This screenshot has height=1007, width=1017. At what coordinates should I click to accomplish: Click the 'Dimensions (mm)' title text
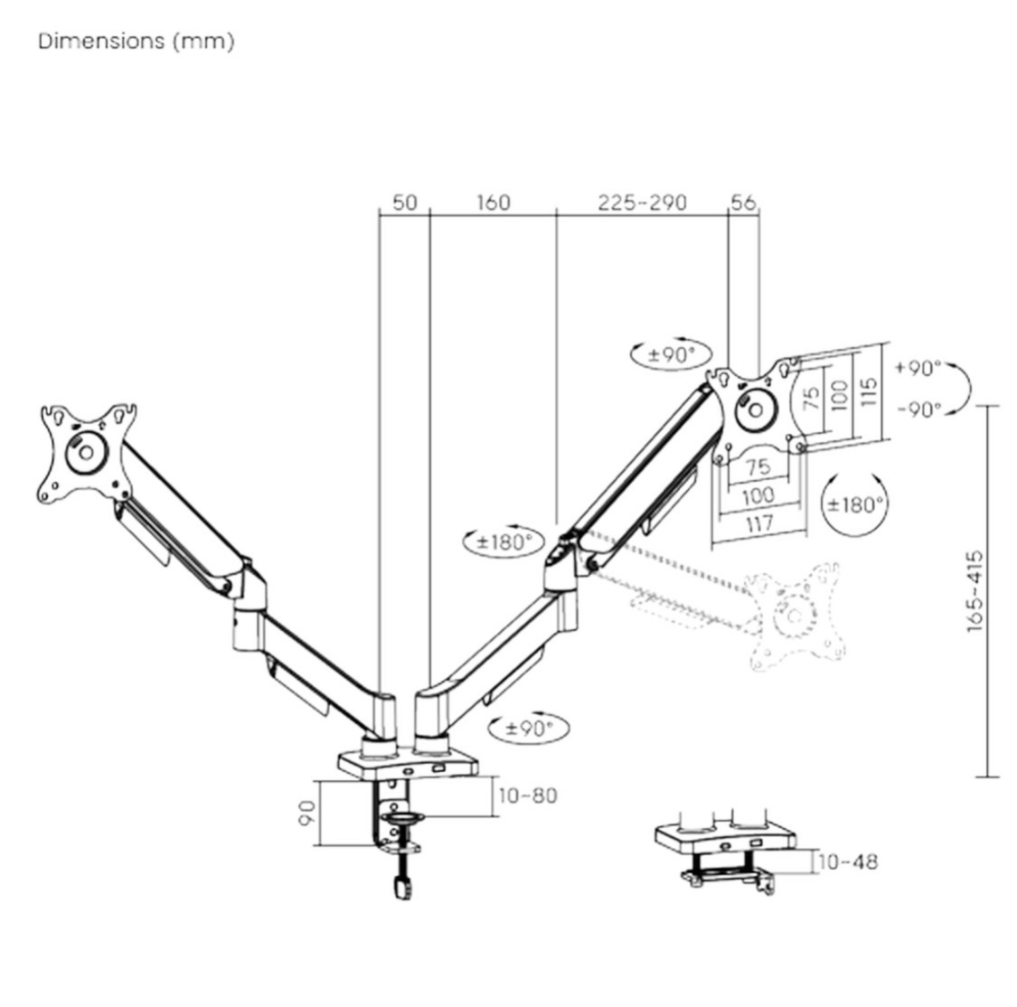click(136, 42)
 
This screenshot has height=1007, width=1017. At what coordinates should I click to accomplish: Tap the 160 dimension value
click(493, 202)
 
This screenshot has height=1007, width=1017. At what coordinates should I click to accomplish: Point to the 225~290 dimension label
click(642, 202)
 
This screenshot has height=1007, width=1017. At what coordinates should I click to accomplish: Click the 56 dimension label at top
click(743, 202)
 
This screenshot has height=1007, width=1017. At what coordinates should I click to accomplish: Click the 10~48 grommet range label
click(848, 861)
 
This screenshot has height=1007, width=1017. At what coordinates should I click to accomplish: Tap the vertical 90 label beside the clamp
click(306, 812)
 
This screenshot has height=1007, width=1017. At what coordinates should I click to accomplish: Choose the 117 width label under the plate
click(758, 522)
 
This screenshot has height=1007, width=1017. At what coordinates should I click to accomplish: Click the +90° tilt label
click(918, 368)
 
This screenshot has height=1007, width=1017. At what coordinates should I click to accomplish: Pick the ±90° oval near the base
click(529, 728)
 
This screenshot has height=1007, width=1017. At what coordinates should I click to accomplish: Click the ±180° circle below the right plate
click(855, 504)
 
